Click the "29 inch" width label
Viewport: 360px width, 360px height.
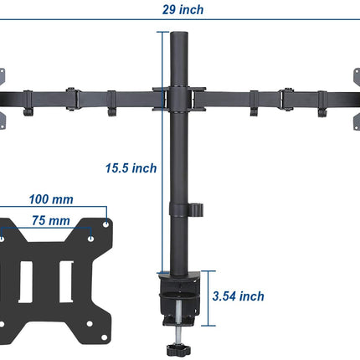(182, 11)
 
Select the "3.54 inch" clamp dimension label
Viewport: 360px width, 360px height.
(239, 296)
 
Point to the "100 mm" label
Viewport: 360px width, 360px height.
(50, 200)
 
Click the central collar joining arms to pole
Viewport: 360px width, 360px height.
(179, 97)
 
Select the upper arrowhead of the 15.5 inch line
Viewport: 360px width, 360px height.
(160, 34)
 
